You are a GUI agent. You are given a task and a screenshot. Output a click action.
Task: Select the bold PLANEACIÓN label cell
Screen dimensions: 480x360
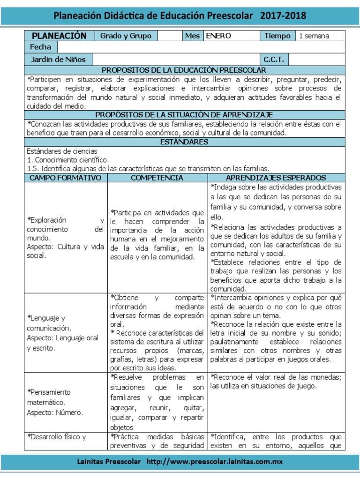click(x=59, y=36)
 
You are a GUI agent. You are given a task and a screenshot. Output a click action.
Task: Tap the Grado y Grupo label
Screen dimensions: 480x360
click(x=125, y=36)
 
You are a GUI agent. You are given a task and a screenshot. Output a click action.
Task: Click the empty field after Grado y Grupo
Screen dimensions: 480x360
click(x=170, y=36)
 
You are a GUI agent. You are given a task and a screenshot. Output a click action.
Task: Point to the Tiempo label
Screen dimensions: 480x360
click(x=277, y=36)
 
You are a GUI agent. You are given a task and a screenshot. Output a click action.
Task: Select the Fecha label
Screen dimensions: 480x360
click(x=41, y=47)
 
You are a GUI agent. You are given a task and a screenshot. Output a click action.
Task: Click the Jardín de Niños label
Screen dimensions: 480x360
click(x=58, y=60)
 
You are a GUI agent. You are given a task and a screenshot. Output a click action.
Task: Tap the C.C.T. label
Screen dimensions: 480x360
click(x=274, y=60)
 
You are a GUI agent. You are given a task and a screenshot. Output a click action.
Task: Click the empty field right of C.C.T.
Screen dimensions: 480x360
click(x=317, y=60)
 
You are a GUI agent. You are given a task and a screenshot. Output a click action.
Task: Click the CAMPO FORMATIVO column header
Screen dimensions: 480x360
click(x=66, y=178)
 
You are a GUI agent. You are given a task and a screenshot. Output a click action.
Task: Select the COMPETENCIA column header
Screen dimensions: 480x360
click(x=157, y=178)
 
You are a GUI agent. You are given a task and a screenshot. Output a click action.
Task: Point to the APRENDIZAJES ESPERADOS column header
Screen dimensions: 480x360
click(x=276, y=178)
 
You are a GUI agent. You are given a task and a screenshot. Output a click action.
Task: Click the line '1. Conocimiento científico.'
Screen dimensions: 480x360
click(x=67, y=160)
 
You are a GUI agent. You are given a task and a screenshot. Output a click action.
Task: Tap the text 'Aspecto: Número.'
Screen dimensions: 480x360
click(x=55, y=412)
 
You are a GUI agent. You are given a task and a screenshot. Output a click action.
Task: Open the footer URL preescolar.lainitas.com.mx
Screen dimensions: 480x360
click(x=215, y=462)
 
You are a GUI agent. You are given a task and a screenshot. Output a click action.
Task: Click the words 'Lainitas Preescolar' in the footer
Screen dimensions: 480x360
click(x=109, y=462)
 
